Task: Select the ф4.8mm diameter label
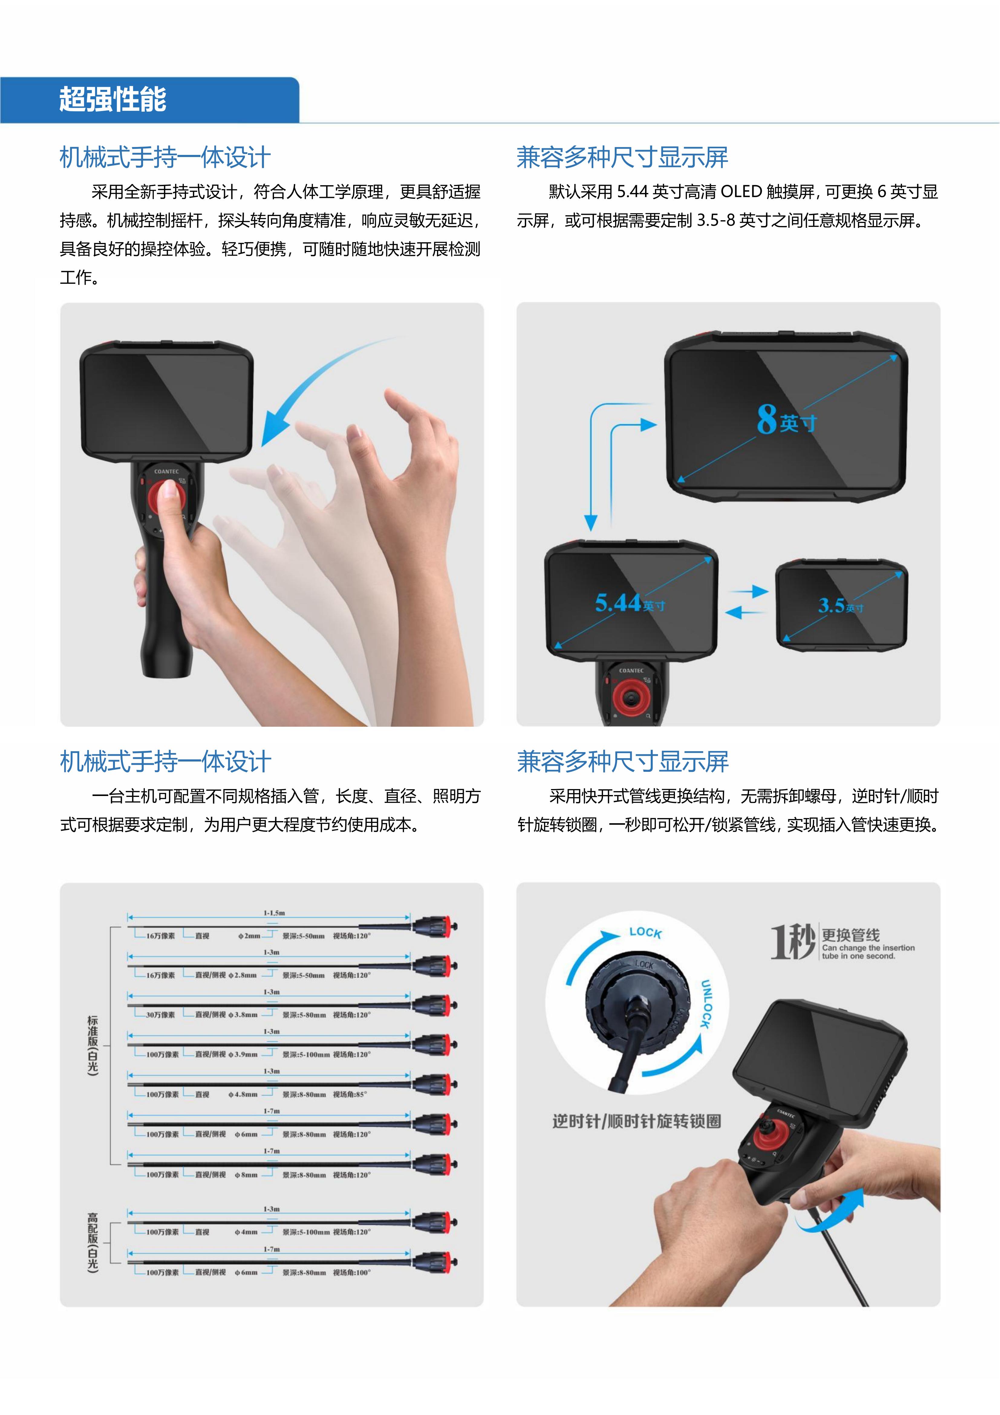(x=243, y=1095)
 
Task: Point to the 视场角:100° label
(x=352, y=1272)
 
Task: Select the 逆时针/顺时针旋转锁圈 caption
(x=637, y=1121)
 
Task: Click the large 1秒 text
(x=793, y=942)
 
